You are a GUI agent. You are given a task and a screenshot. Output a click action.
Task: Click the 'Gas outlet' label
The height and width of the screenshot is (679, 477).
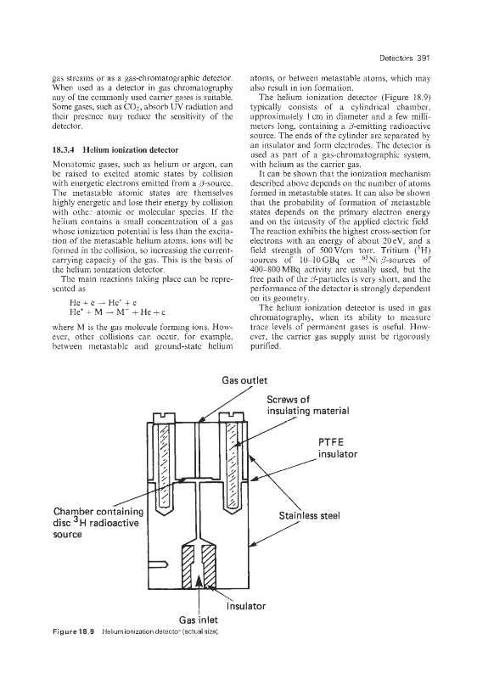pyautogui.click(x=244, y=380)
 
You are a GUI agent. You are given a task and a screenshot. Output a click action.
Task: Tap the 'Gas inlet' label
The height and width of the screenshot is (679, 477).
pyautogui.click(x=199, y=620)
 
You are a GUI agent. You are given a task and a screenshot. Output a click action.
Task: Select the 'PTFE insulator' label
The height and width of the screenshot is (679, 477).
pyautogui.click(x=338, y=448)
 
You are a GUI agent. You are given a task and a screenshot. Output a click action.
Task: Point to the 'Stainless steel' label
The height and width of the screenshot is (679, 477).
pyautogui.click(x=310, y=516)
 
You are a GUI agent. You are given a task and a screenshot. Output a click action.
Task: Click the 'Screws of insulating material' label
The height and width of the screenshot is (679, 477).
pyautogui.click(x=308, y=405)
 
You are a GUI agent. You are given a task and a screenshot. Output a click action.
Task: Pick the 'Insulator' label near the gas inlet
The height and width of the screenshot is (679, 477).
pyautogui.click(x=246, y=606)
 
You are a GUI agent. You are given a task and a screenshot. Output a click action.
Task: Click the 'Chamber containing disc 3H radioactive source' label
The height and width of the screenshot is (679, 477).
pyautogui.click(x=98, y=523)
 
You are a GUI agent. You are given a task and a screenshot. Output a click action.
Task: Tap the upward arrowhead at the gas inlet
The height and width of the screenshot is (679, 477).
pyautogui.click(x=199, y=580)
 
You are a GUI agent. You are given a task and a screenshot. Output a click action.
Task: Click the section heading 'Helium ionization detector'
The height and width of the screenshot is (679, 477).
pyautogui.click(x=131, y=150)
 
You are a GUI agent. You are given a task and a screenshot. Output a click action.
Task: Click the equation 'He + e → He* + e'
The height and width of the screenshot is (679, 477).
pyautogui.click(x=100, y=302)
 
